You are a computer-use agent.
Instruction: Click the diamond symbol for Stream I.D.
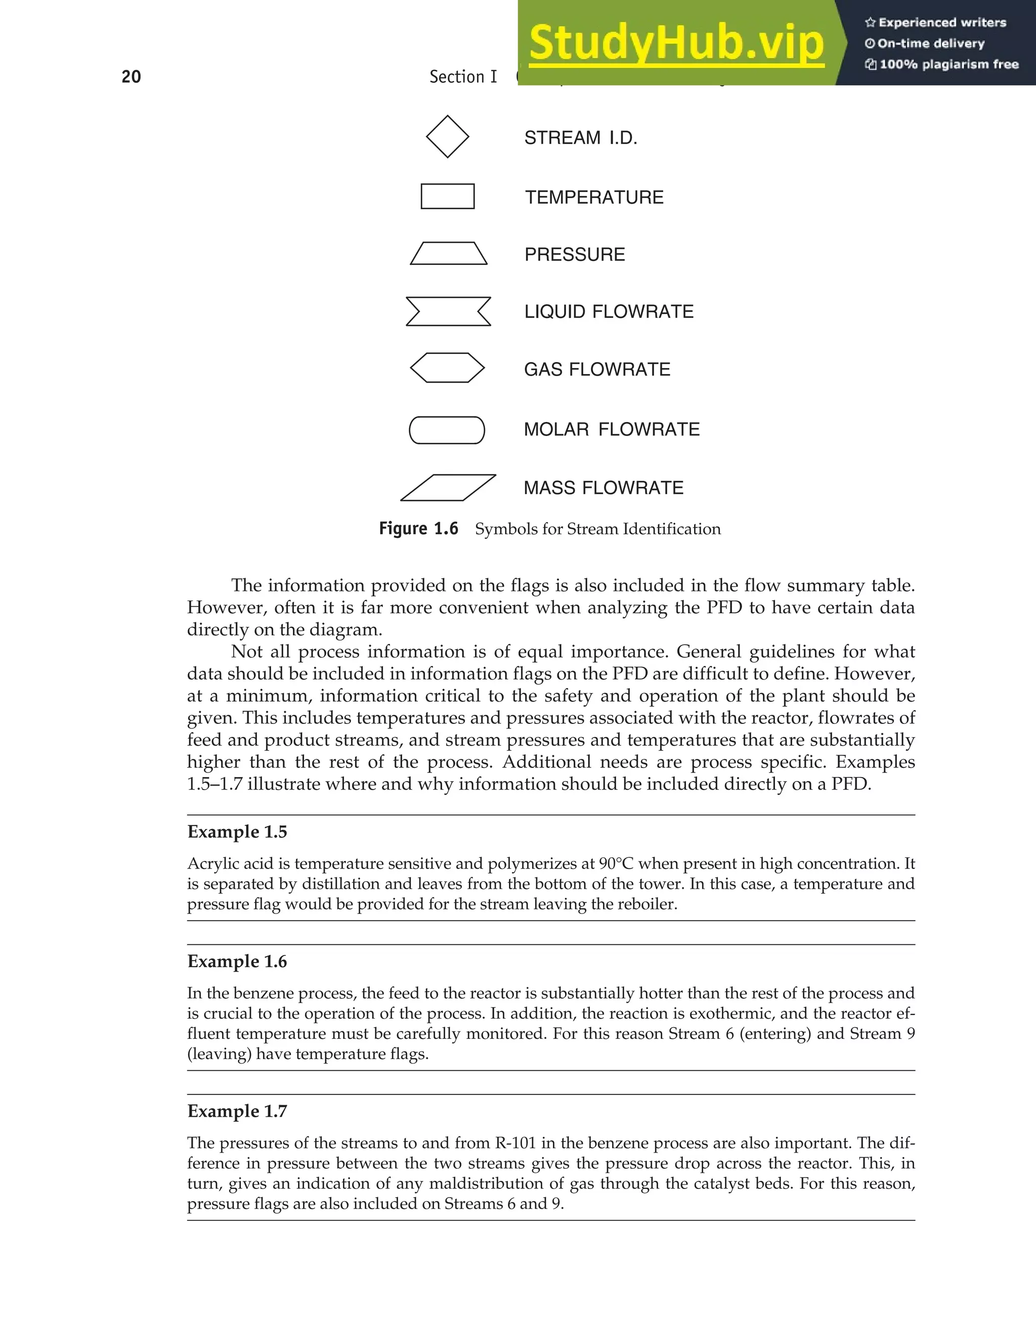[x=447, y=136]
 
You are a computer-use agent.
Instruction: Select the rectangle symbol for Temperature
[x=447, y=197]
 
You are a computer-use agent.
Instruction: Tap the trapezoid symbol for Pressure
[x=449, y=254]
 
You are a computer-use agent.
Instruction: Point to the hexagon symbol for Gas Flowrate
[x=447, y=368]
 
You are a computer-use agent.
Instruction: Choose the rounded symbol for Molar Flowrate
[x=447, y=430]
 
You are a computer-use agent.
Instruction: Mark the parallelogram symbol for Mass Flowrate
[x=448, y=488]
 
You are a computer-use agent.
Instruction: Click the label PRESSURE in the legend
[x=574, y=254]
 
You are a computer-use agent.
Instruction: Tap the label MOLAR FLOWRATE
[x=611, y=430]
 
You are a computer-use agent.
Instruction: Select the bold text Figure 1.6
[x=418, y=528]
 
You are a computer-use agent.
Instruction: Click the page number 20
[x=131, y=77]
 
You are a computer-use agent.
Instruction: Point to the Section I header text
[x=463, y=77]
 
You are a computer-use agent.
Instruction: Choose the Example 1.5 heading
[x=237, y=832]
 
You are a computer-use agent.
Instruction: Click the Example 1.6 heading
[x=237, y=962]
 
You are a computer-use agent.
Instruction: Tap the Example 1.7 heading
[x=237, y=1112]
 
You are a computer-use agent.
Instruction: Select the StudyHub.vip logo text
[x=676, y=42]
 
